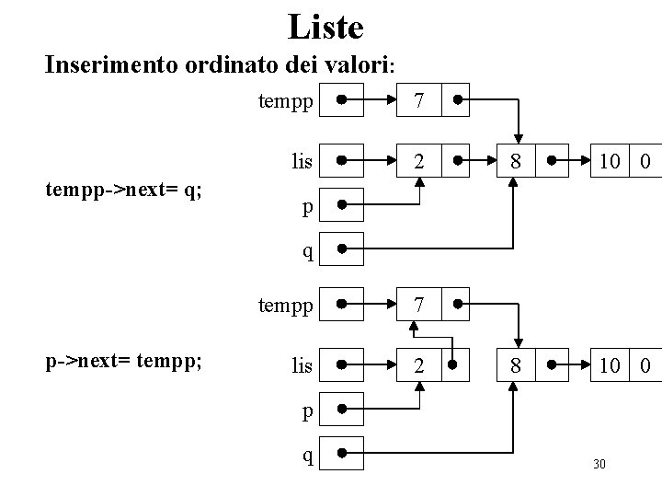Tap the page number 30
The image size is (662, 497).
click(x=599, y=464)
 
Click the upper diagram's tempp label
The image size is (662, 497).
click(x=286, y=99)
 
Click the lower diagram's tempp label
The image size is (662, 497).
click(x=286, y=303)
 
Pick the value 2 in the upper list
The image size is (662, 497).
click(x=419, y=162)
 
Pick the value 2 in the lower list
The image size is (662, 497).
click(x=419, y=365)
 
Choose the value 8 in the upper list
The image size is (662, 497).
click(x=516, y=162)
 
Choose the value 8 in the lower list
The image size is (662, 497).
click(x=516, y=365)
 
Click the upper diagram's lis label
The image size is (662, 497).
click(x=302, y=162)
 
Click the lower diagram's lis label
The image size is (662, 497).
click(x=302, y=365)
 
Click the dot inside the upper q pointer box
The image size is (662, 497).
click(x=341, y=248)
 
